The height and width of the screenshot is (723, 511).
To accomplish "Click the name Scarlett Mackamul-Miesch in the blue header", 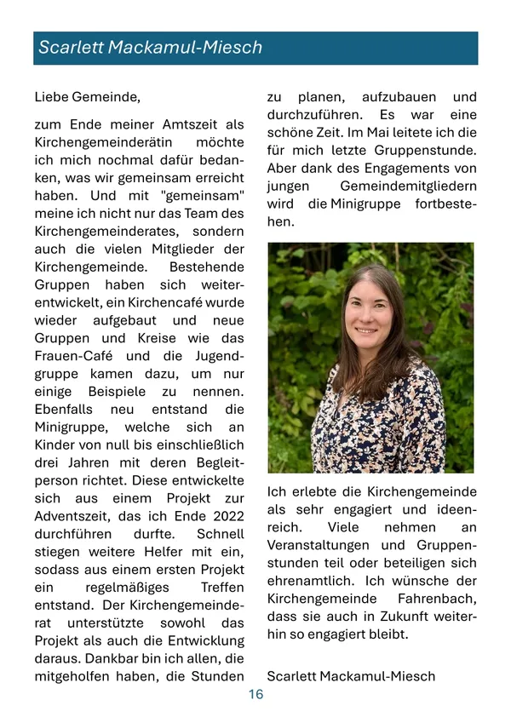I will [150, 48].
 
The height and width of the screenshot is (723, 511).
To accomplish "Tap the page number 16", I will [255, 695].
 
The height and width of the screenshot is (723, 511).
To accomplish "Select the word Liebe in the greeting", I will [53, 97].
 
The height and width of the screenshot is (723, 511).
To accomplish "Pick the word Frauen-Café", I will [72, 356].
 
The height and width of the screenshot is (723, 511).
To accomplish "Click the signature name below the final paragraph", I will [351, 676].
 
